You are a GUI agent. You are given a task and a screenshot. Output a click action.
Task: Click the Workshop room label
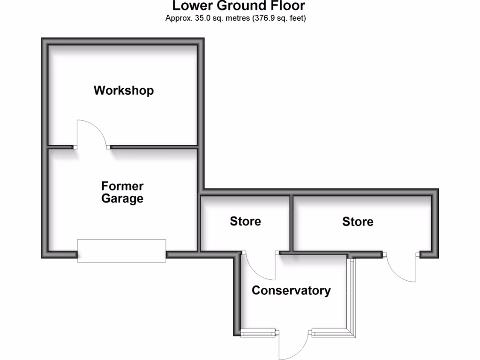(124, 90)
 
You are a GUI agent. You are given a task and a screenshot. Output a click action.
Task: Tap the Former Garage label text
(122, 192)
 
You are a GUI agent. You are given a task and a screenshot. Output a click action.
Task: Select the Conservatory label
(291, 290)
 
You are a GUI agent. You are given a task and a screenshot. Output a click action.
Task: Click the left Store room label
(245, 221)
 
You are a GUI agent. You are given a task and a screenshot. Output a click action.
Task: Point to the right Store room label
(358, 221)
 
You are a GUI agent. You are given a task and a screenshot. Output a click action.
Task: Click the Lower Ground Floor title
(239, 6)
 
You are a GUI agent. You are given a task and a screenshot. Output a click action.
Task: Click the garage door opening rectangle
(121, 250)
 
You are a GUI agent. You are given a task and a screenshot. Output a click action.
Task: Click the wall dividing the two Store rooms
(291, 223)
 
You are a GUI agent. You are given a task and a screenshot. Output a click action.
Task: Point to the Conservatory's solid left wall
(237, 293)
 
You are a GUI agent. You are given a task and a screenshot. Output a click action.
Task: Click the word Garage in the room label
(122, 199)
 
